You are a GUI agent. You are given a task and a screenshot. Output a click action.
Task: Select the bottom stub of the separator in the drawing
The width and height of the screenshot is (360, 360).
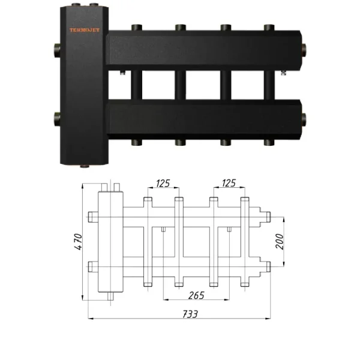[x=111, y=296]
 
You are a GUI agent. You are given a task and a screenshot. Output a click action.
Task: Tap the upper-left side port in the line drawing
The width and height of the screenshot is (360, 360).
[x=91, y=217]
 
